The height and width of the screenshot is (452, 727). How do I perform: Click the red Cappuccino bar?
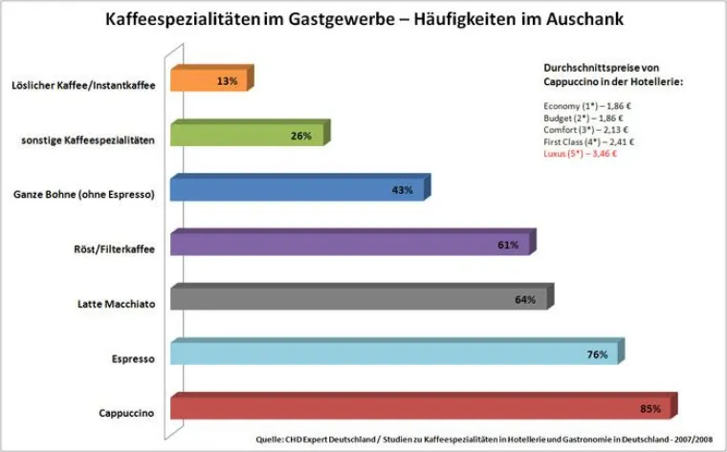[x=421, y=409]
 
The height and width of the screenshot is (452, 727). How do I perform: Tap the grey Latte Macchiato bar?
[x=360, y=300]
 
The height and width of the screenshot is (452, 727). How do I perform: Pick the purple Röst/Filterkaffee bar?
[x=350, y=245]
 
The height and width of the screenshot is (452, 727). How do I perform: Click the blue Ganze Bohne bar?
[x=297, y=190]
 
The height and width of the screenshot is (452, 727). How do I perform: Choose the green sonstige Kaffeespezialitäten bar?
[x=247, y=136]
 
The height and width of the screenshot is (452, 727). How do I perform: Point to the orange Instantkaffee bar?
[x=209, y=81]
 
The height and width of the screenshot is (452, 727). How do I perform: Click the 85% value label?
[x=650, y=409]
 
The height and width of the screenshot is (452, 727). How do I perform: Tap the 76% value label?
[x=597, y=355]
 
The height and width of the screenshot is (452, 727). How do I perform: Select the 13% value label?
[x=227, y=81]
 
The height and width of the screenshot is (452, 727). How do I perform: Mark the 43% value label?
[x=402, y=190]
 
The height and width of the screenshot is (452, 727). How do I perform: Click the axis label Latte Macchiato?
[x=116, y=304]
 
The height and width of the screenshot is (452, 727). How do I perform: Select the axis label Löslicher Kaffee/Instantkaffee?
[x=84, y=84]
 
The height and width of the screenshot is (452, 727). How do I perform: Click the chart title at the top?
[x=363, y=18]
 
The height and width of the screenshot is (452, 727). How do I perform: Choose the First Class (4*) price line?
[x=582, y=141]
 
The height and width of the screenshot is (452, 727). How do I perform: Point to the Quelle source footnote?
[x=484, y=439]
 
